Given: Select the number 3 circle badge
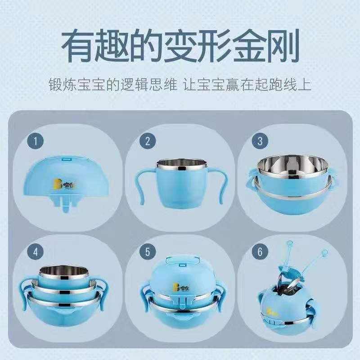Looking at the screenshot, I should click(x=260, y=141).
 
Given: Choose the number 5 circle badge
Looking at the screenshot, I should click(x=147, y=251).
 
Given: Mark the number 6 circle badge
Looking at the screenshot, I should click(x=260, y=251).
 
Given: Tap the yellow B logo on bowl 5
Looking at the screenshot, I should click(x=173, y=285).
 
